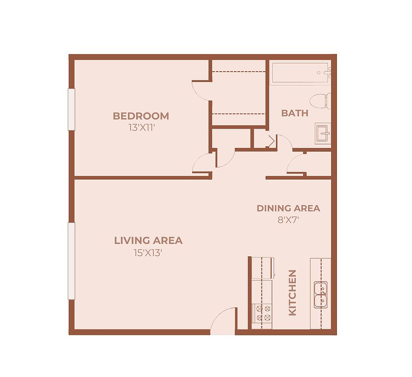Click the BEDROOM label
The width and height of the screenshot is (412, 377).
click(141, 116)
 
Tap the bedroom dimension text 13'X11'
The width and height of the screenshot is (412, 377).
click(141, 128)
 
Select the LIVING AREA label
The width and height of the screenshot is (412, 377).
click(148, 241)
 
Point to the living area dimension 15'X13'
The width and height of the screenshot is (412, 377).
click(148, 253)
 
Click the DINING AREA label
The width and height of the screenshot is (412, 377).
click(288, 208)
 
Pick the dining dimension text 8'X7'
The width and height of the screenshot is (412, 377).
click(288, 220)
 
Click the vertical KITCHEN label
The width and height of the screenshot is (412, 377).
click(292, 293)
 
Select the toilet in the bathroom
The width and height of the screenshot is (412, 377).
click(320, 101)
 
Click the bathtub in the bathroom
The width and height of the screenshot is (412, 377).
click(301, 73)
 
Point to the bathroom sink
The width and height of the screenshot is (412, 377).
click(323, 134)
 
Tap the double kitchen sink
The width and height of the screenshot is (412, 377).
click(321, 295)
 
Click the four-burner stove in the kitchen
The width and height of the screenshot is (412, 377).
click(262, 313)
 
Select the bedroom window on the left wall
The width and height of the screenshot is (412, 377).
click(72, 109)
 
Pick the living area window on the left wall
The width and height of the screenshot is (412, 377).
click(72, 261)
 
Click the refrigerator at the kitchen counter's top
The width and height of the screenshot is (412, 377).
click(263, 268)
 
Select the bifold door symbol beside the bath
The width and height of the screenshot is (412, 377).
click(272, 141)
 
